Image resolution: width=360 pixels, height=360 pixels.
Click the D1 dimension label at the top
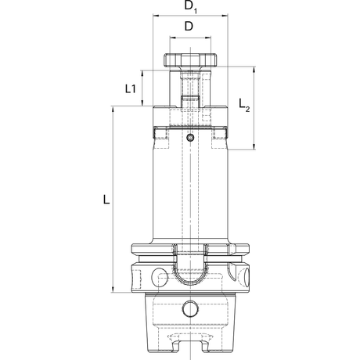point(191,6)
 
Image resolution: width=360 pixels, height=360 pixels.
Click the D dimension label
point(189,27)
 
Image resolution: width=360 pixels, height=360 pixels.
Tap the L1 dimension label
point(131,89)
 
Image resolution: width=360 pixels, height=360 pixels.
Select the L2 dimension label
point(244,105)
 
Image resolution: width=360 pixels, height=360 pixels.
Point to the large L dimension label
point(106,200)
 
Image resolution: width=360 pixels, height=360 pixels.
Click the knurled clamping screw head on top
point(190,60)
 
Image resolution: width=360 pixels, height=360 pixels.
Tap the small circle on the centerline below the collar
point(190,138)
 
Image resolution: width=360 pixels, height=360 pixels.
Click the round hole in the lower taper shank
point(190,308)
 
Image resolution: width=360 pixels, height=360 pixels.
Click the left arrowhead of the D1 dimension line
point(156,16)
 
